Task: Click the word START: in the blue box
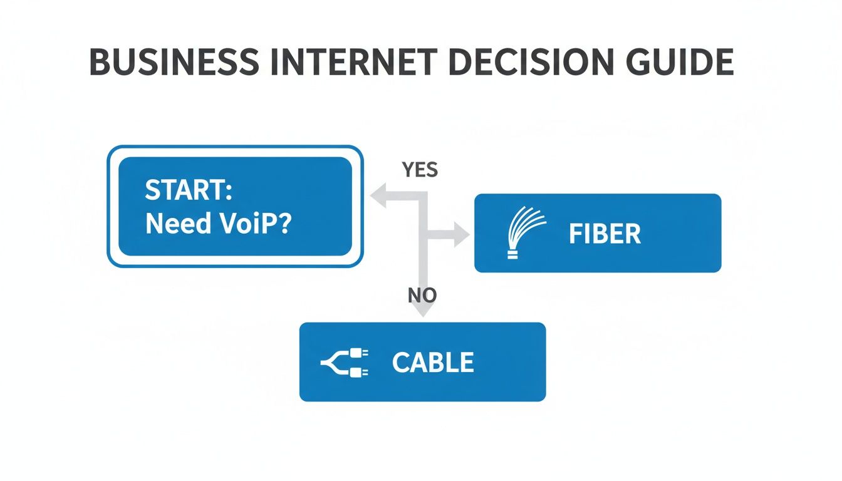(189, 190)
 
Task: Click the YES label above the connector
(420, 169)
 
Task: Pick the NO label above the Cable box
(422, 295)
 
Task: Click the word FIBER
(605, 234)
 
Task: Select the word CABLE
(433, 363)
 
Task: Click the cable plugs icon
(345, 363)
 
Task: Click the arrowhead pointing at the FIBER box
(462, 235)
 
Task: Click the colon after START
(229, 191)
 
